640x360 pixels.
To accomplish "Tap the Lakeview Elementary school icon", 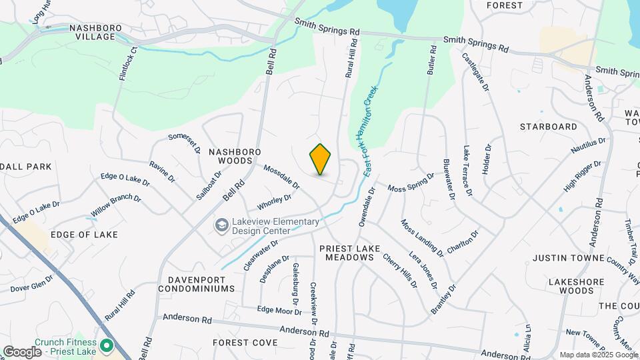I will (x=220, y=227).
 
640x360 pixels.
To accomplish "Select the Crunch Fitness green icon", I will (x=106, y=347).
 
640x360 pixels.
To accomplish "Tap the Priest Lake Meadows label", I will (x=349, y=253).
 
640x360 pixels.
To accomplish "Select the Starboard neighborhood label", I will (x=548, y=127).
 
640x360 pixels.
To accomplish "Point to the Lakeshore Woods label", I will (x=566, y=286).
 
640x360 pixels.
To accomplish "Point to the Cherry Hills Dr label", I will (x=399, y=270).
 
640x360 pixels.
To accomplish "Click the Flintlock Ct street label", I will (x=127, y=64).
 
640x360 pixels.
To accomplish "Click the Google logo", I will (x=22, y=351).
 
